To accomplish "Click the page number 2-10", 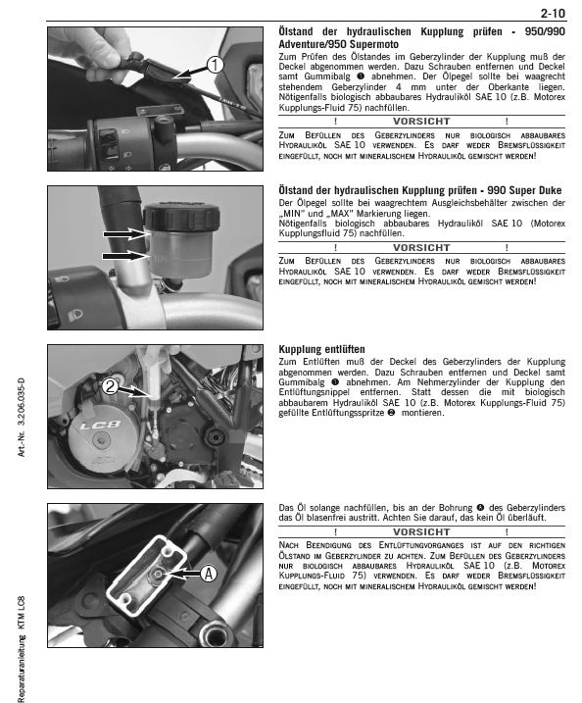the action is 553,14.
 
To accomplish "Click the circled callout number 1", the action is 215,65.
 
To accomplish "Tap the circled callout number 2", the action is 110,386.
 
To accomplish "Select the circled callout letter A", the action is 209,574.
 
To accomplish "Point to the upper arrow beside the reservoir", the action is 125,233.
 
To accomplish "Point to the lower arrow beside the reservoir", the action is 125,256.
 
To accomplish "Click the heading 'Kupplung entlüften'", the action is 321,349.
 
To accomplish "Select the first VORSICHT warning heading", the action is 421,122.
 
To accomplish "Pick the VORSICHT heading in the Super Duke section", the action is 421,247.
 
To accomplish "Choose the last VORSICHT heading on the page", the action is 421,531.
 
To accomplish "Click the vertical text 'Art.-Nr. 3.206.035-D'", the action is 21,418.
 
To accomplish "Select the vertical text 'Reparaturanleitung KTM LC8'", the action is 21,649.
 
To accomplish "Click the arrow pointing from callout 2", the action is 133,391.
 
